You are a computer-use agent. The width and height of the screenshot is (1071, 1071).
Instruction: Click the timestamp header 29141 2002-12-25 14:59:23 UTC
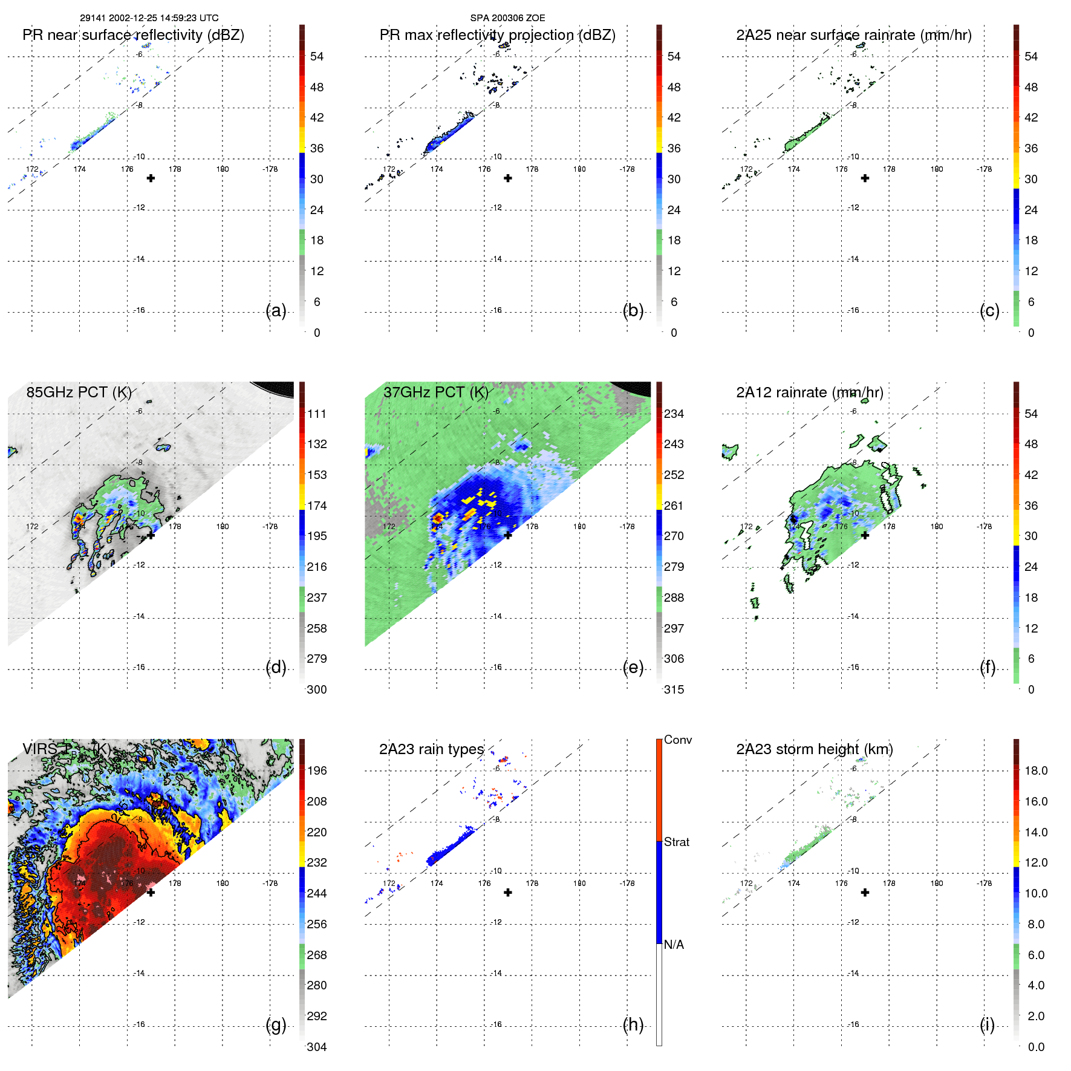(149, 18)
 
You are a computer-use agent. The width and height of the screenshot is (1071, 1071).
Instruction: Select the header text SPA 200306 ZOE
(507, 18)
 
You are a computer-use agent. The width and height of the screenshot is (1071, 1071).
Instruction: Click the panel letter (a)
(276, 311)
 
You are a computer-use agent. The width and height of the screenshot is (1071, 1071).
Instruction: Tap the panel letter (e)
(633, 668)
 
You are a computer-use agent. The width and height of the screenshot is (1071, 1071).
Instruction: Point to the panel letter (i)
(987, 1024)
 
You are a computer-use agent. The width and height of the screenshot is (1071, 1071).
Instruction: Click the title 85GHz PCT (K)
(79, 392)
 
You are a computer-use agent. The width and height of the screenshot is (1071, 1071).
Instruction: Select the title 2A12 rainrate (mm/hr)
(810, 392)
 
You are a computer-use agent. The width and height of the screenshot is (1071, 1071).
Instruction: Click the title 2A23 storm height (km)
(815, 749)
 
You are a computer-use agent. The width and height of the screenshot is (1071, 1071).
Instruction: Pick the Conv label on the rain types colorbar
(678, 740)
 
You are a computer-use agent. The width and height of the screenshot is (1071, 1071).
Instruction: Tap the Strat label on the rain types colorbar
(677, 842)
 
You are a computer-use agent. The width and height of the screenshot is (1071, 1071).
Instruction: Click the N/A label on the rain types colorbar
(674, 945)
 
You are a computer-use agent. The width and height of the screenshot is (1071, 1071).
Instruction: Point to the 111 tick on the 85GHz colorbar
(317, 414)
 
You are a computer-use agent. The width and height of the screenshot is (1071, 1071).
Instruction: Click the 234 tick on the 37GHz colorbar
(674, 414)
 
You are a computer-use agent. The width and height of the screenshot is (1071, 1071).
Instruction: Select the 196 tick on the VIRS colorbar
(317, 770)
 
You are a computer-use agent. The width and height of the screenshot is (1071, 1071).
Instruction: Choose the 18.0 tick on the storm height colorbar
(1036, 770)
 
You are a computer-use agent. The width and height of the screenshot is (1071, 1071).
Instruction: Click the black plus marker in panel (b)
(508, 178)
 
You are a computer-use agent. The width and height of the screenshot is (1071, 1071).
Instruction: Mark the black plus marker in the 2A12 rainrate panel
(865, 535)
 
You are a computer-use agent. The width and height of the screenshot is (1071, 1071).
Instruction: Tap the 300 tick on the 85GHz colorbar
(317, 689)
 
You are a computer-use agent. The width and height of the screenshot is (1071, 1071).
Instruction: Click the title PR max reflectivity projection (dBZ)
(497, 35)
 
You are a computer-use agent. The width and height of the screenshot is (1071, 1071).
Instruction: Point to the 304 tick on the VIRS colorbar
(317, 1047)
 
